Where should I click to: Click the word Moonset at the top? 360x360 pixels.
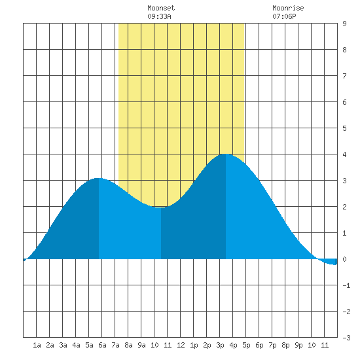[x=161, y=8]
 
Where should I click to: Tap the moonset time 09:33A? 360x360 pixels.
[x=159, y=16]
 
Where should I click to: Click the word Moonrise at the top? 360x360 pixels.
[x=288, y=8]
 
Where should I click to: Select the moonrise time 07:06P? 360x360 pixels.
[x=284, y=16]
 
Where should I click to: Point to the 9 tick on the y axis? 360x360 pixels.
[x=344, y=24]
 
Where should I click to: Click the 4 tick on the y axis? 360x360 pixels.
[x=344, y=154]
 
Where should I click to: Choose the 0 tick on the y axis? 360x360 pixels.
[x=344, y=259]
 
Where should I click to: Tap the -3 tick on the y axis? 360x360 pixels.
[x=346, y=338]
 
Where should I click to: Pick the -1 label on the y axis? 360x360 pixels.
[x=346, y=285]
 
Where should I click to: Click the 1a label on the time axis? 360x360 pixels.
[x=37, y=345]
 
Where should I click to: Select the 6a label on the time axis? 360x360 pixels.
[x=102, y=345]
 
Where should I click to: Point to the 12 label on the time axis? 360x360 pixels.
[x=181, y=345]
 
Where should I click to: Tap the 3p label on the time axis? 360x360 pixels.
[x=220, y=345]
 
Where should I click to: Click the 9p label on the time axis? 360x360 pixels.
[x=298, y=345]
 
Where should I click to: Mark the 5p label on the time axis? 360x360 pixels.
[x=246, y=345]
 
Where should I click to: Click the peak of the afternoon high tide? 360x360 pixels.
[x=226, y=154]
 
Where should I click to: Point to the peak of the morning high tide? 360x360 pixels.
[x=98, y=178]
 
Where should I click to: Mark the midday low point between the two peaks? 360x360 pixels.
[x=161, y=207]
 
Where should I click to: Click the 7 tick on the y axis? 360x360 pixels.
[x=344, y=76]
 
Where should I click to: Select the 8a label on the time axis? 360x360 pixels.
[x=128, y=345]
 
